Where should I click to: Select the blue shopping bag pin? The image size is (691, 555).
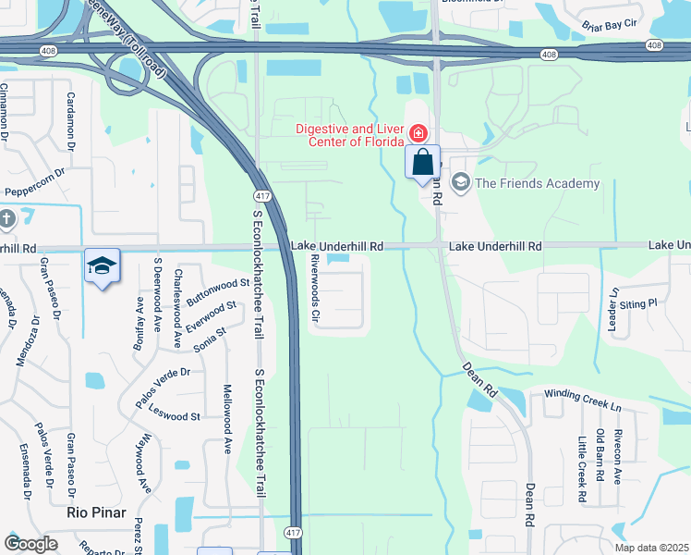pyautogui.click(x=422, y=163)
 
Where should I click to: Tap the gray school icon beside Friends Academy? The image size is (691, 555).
pyautogui.click(x=461, y=183)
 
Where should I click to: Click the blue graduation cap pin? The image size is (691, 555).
pyautogui.click(x=101, y=267)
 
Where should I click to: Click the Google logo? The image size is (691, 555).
pyautogui.click(x=30, y=544)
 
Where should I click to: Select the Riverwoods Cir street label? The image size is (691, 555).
pyautogui.click(x=315, y=290)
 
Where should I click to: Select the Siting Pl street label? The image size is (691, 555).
pyautogui.click(x=637, y=302)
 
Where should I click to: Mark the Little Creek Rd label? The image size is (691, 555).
pyautogui.click(x=582, y=469)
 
